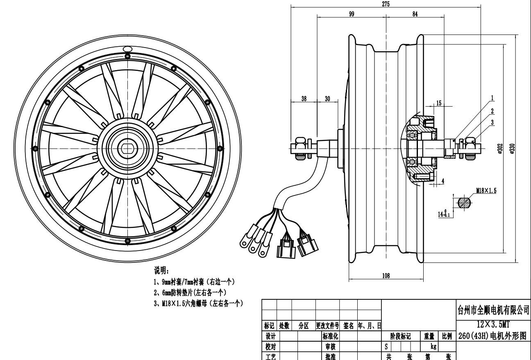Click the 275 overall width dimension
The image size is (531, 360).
pos(386,4)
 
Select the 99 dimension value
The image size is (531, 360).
pos(352,14)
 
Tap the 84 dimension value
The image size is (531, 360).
pos(415,14)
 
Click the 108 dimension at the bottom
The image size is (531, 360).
pos(386,276)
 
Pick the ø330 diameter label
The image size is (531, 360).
pos(512,148)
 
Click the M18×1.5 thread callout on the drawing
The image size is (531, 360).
pos(486,191)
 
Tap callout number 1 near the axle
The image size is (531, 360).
pos(492,98)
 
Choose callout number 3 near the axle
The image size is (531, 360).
pos(492,122)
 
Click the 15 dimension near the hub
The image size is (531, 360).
pos(439,103)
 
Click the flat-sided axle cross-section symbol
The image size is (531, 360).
pos(463,203)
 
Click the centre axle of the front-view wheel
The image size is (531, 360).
pos(127,148)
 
